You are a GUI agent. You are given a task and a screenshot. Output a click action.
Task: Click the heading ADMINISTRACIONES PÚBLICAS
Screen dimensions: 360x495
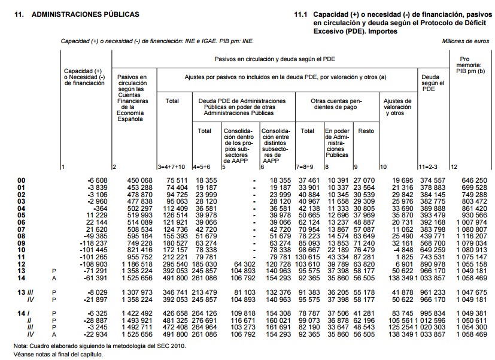point(87,13)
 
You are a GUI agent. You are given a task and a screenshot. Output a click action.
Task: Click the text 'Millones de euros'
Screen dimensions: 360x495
point(465,41)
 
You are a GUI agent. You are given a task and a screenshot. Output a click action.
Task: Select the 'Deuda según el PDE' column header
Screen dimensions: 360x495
point(431,83)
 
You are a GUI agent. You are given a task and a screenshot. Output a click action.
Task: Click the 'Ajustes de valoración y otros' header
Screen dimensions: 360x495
point(397,107)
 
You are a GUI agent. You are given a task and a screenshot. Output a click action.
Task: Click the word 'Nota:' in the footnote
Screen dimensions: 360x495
point(22,346)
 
